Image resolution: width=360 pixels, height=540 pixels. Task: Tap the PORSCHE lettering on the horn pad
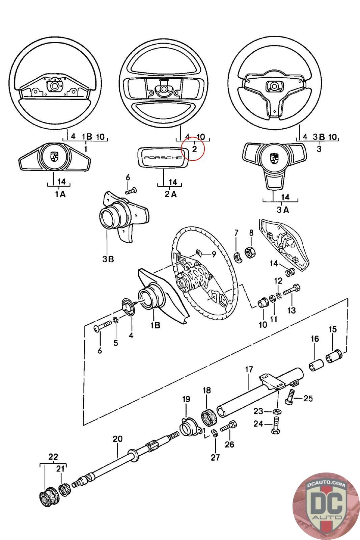pos(163,158)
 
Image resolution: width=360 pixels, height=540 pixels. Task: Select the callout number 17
pos(249,370)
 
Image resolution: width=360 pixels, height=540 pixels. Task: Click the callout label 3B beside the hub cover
pos(108,259)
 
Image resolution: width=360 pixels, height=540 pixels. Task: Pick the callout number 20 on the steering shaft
pos(118,439)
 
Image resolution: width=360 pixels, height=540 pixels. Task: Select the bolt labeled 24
pos(275,429)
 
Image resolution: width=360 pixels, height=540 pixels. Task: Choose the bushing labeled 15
pos(334,357)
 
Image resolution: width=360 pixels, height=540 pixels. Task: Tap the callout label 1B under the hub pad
pos(156,325)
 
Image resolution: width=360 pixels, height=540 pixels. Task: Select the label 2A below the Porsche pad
pos(171,194)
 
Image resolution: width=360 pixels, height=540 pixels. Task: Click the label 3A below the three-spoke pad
pos(283,210)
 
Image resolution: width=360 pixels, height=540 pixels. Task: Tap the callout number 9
pos(214,254)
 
